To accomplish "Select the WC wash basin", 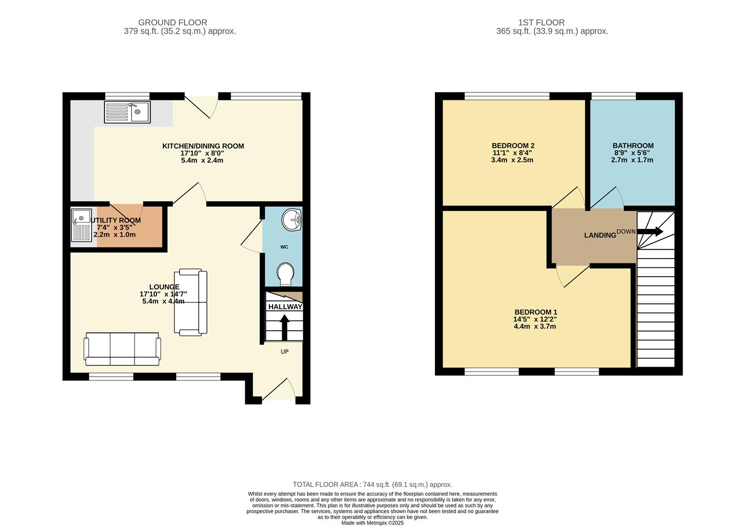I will (x=293, y=220).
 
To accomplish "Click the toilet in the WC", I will (x=285, y=275).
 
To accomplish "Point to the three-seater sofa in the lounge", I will (x=122, y=349).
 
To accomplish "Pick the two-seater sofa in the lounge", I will (x=191, y=302).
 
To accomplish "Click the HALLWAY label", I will (x=285, y=307).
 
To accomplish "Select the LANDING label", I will (x=600, y=235).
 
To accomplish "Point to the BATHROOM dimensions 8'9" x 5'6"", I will (x=632, y=152).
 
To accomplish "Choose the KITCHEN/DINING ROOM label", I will (x=203, y=146).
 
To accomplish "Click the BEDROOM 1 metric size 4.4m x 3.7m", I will (x=535, y=326).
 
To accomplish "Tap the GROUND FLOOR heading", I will (x=173, y=22).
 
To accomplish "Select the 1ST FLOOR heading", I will (x=541, y=22).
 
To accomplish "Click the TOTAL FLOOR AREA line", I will (x=372, y=485).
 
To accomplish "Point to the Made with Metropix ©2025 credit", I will (x=372, y=523).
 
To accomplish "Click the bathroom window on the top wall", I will (x=613, y=96).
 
